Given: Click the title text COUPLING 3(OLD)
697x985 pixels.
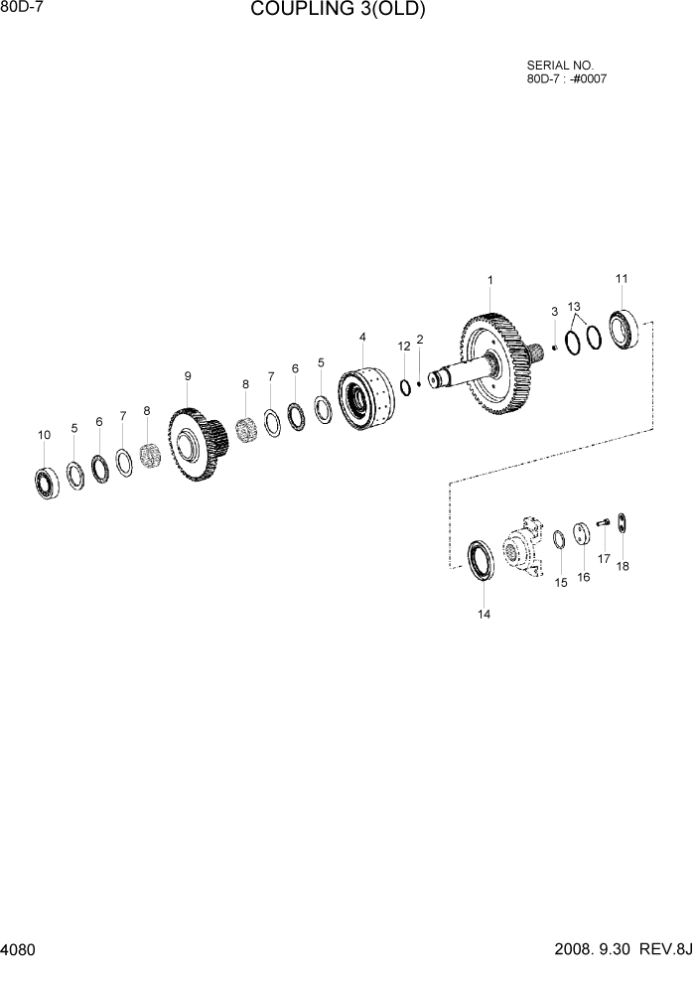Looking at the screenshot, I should pyautogui.click(x=338, y=11).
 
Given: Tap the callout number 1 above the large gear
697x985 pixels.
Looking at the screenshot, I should pyautogui.click(x=489, y=281).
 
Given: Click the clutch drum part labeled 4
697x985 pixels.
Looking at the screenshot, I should pyautogui.click(x=363, y=398).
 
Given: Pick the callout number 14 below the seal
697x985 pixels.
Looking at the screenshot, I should pyautogui.click(x=484, y=614).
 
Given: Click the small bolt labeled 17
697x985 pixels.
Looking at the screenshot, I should pyautogui.click(x=602, y=524).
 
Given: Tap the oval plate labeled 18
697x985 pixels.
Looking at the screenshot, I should pyautogui.click(x=623, y=523).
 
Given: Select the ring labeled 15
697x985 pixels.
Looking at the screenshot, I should pyautogui.click(x=559, y=538).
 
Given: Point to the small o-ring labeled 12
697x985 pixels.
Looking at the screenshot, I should pyautogui.click(x=405, y=385).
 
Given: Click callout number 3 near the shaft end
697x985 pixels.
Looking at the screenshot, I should pyautogui.click(x=554, y=312).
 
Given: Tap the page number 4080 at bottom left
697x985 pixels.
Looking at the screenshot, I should pyautogui.click(x=19, y=950).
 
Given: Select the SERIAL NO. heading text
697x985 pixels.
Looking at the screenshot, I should pyautogui.click(x=559, y=66).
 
